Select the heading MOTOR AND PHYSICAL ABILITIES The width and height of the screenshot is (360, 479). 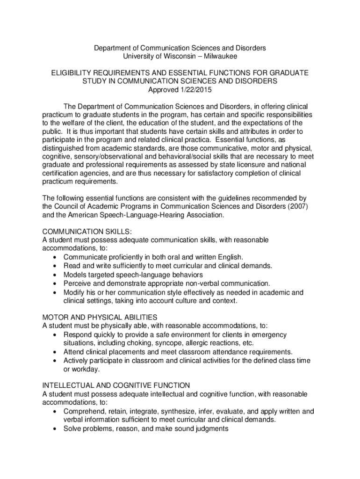click(x=100, y=317)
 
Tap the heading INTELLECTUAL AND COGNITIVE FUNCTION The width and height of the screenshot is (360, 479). click(x=116, y=385)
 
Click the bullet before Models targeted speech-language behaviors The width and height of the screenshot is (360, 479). click(x=57, y=275)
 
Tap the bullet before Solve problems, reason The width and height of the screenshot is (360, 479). click(x=57, y=428)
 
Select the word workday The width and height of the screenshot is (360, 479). click(x=86, y=369)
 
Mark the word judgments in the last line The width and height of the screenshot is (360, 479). click(x=211, y=428)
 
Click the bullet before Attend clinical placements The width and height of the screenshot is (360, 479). click(x=57, y=352)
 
